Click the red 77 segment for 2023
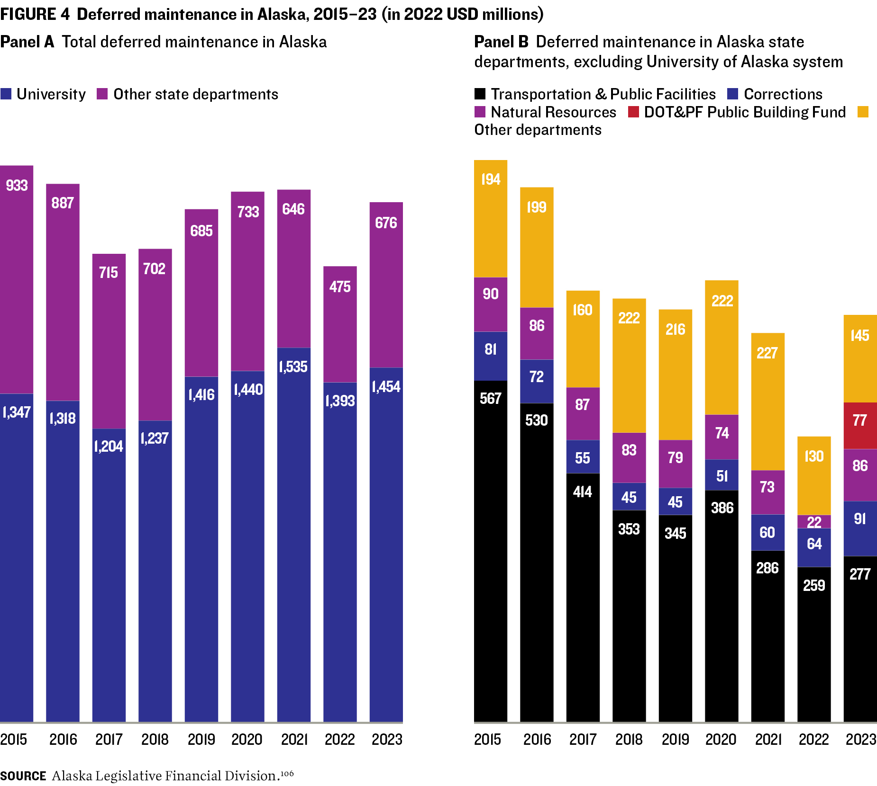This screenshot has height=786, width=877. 860,425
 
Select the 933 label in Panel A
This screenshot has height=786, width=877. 17,185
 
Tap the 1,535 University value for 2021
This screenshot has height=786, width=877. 293,366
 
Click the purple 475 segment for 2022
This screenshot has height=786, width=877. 340,324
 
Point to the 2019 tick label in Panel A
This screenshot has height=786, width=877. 201,739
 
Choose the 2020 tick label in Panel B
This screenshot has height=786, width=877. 721,739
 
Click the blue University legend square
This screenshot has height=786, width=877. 6,94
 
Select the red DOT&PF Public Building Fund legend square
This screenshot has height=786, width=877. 633,112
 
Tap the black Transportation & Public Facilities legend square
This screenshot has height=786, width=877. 480,94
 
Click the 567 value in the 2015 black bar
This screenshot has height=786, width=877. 490,398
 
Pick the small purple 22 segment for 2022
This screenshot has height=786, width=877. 814,522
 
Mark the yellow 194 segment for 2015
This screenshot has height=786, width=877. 490,218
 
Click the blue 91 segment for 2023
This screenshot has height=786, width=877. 860,528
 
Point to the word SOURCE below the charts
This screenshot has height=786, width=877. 23,776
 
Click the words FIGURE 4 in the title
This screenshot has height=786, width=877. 35,14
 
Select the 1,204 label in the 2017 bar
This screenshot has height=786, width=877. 109,446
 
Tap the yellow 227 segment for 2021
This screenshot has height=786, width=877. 767,401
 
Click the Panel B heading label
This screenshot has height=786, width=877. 501,42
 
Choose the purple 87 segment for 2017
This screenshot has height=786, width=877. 583,413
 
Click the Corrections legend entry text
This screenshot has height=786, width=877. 783,94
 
